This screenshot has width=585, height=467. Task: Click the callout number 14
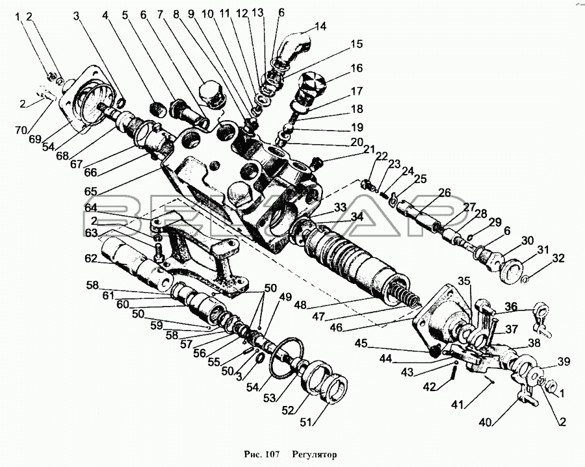click(320, 27)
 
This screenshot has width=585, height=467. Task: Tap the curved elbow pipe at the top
click(294, 46)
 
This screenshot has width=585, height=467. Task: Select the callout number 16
click(356, 68)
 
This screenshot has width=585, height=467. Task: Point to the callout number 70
click(21, 130)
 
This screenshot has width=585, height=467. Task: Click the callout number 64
click(90, 208)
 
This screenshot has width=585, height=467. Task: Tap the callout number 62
click(90, 259)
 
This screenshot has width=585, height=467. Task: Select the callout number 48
click(300, 305)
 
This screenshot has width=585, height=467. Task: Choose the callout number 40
click(486, 422)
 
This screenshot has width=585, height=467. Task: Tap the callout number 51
click(307, 423)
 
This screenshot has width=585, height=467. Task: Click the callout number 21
click(369, 150)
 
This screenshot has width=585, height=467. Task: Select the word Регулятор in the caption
click(315, 454)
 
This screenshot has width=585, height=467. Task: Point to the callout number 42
click(430, 387)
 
